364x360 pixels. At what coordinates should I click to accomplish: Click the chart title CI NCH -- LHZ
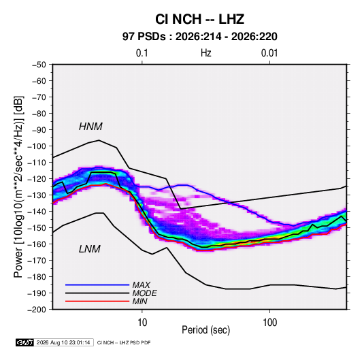click(x=199, y=19)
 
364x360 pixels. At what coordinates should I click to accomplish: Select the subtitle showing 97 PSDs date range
click(x=199, y=37)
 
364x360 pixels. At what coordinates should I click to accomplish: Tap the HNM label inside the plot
click(x=90, y=127)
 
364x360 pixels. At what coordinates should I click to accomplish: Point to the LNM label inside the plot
click(x=90, y=249)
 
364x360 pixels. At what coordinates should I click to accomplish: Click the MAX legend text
click(x=141, y=285)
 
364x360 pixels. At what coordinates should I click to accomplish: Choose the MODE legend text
click(x=144, y=293)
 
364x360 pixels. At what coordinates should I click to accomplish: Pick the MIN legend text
click(x=139, y=301)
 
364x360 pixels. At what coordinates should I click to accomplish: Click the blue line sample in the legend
click(x=97, y=284)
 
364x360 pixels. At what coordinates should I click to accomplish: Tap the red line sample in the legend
click(x=97, y=301)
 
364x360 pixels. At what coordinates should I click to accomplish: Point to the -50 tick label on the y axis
click(x=39, y=65)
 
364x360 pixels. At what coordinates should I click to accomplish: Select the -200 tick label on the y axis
click(x=37, y=310)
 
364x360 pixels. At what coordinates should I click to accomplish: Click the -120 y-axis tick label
click(x=37, y=179)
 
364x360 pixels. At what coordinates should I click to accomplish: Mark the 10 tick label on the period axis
click(x=142, y=323)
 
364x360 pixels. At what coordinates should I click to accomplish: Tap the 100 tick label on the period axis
click(x=269, y=323)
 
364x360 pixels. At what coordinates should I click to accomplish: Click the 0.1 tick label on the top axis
click(x=142, y=53)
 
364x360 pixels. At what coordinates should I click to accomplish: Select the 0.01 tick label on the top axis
click(x=269, y=53)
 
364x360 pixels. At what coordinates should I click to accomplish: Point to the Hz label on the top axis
click(x=206, y=53)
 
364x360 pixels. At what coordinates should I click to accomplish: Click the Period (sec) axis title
click(x=206, y=330)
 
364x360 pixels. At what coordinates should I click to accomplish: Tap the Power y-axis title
click(x=18, y=187)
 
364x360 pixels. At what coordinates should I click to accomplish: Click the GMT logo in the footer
click(x=24, y=342)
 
